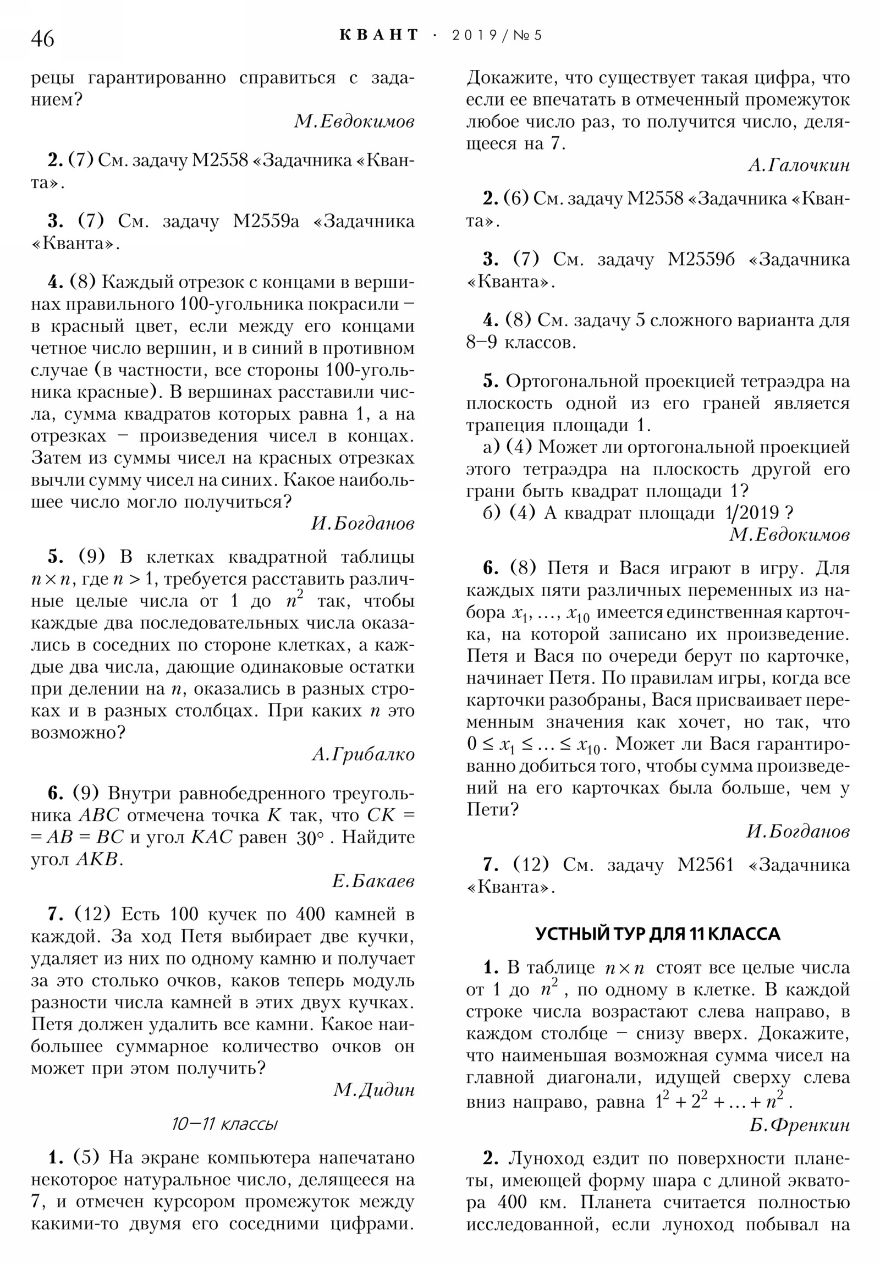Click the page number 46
tap(42, 38)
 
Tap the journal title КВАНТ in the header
tap(379, 35)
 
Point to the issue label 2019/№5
tap(497, 36)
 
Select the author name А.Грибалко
tap(362, 754)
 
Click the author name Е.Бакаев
tap(372, 881)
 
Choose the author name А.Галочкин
tap(799, 166)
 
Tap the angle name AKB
tap(97, 860)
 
